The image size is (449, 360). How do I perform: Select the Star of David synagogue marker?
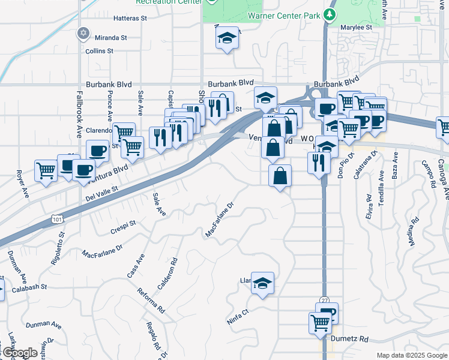pyautogui.click(x=83, y=34)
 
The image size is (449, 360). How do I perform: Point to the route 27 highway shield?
pyautogui.click(x=324, y=300)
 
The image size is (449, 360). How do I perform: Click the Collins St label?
pyautogui.click(x=99, y=51)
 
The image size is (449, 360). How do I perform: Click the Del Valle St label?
pyautogui.click(x=102, y=194)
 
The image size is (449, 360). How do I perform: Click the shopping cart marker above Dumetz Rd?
pyautogui.click(x=321, y=322)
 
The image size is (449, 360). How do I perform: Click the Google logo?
pyautogui.click(x=19, y=353)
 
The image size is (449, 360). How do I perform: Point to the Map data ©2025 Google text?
pyautogui.click(x=411, y=355)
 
